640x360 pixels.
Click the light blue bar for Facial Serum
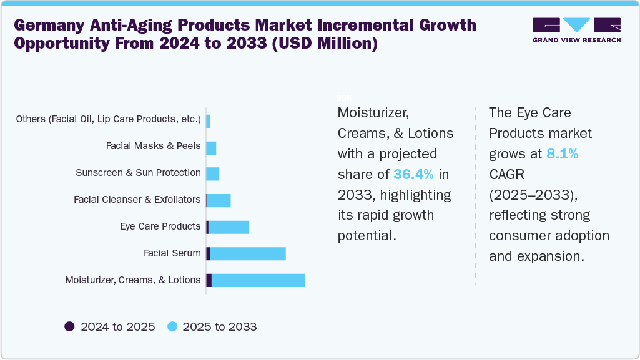coord(248,253)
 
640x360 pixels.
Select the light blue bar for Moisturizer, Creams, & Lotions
coord(258,280)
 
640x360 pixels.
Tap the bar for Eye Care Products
coord(229,227)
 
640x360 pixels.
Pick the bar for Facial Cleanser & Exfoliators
coord(219,200)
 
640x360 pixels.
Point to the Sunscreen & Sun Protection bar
coord(212,173)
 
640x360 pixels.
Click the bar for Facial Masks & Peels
coord(211,147)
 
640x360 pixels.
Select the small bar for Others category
coord(208,120)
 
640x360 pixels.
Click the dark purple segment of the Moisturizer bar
coord(209,280)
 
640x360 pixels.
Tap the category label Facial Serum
coord(172,253)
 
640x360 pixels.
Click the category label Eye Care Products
coord(160,226)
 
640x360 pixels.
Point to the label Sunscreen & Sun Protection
coord(138,173)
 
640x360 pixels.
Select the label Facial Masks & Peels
coord(153,146)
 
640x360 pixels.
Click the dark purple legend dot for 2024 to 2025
coord(69,326)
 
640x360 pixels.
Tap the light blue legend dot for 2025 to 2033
coord(172,326)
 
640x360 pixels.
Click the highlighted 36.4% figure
coord(413,174)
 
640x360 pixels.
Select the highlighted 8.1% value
coord(562,153)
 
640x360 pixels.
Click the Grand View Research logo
coord(576,30)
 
